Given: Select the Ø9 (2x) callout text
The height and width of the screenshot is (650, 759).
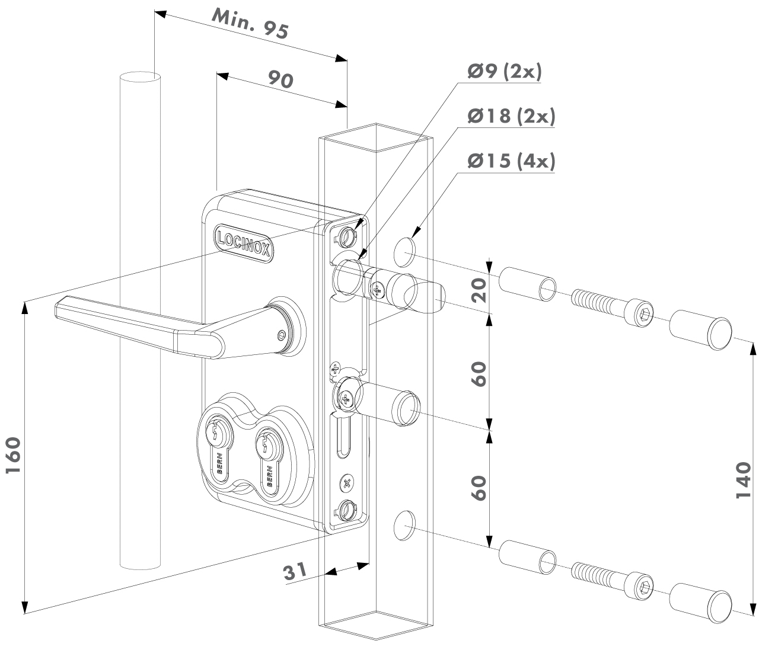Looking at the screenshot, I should coord(505,72).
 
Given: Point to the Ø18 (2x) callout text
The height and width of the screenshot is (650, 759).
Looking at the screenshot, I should coord(511,116).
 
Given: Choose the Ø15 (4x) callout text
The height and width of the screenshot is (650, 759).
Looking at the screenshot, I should coord(511,161).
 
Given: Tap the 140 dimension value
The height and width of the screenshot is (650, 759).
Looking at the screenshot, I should coord(744,480).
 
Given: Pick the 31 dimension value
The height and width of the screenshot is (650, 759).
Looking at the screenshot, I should coord(295,572).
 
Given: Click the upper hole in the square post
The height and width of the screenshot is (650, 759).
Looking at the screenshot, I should coord(404,250).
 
